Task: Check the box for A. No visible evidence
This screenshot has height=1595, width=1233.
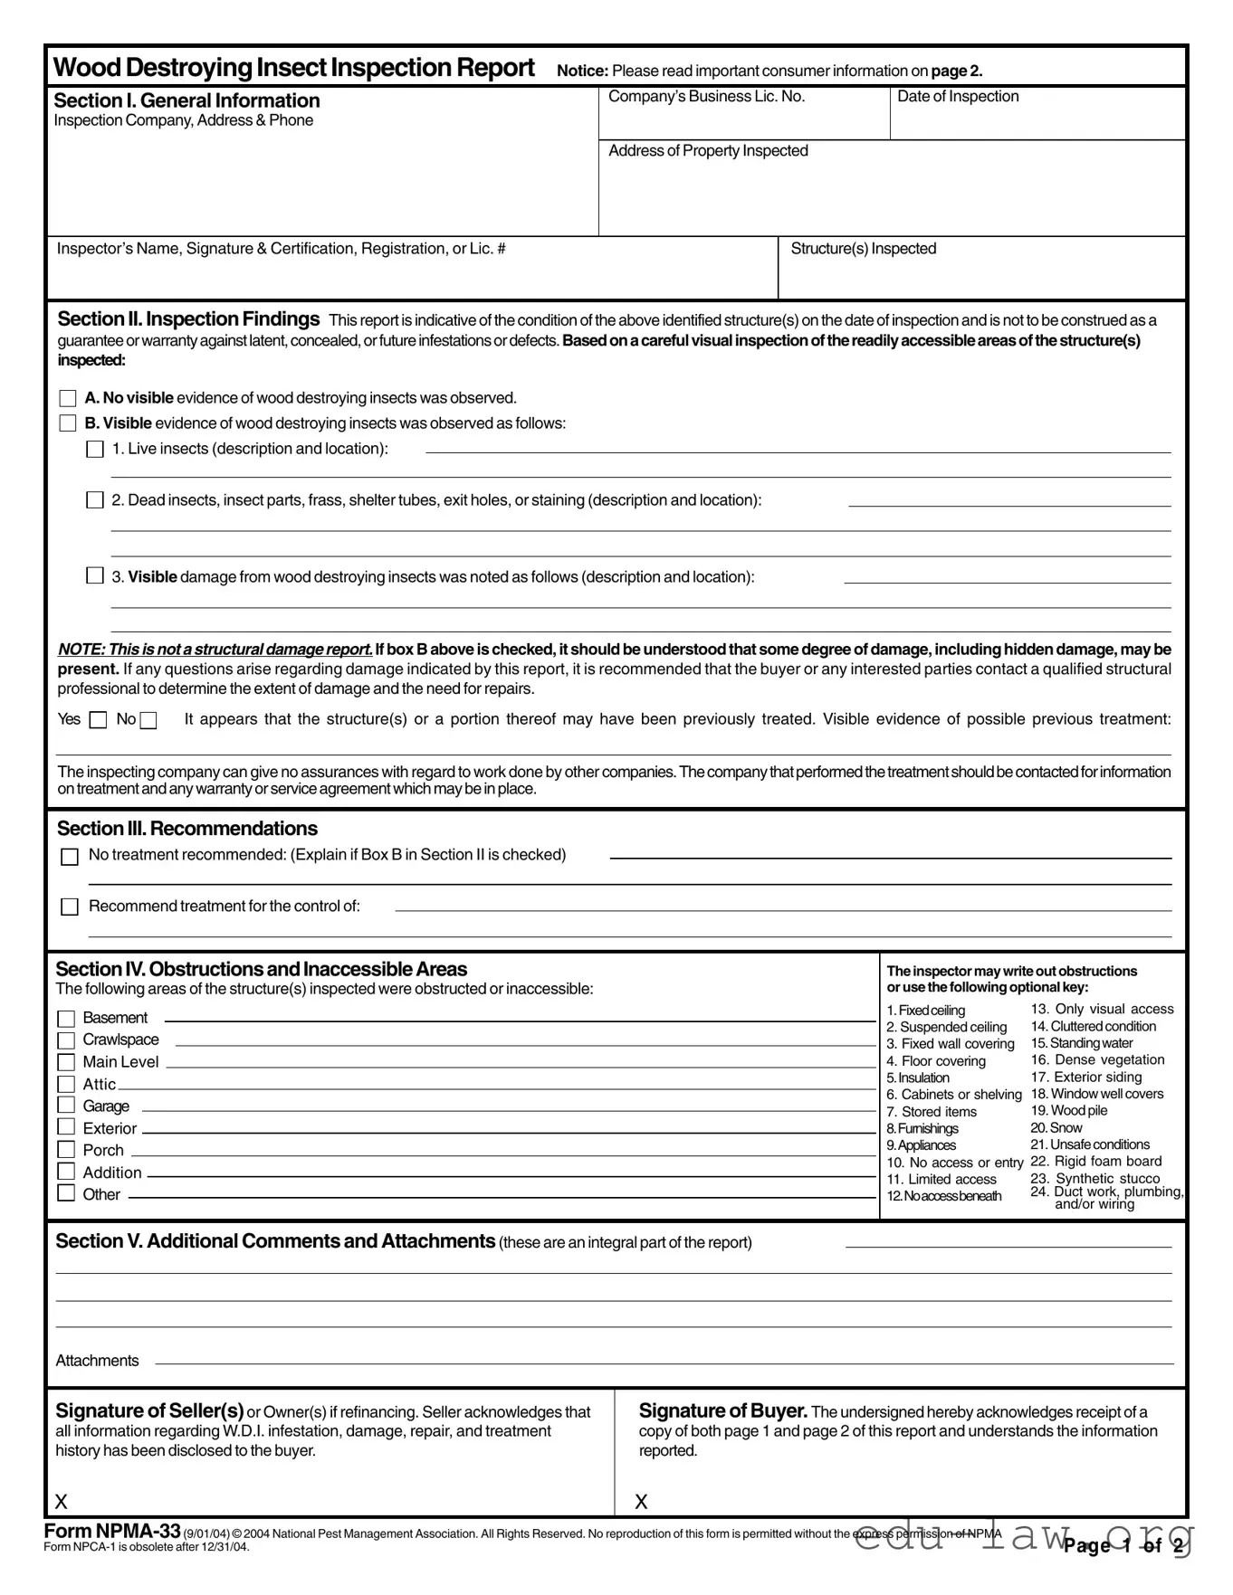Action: (x=68, y=398)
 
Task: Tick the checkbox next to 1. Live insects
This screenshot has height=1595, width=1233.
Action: (x=95, y=450)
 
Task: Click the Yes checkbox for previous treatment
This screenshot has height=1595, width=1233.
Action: (x=100, y=720)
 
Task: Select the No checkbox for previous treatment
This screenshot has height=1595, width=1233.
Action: (x=148, y=720)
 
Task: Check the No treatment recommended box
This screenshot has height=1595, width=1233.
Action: (x=70, y=856)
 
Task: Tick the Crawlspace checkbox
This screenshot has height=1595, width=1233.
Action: (x=66, y=1040)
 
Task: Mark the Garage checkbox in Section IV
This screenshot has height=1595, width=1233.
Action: (x=66, y=1106)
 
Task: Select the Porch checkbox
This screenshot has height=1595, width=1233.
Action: (x=66, y=1150)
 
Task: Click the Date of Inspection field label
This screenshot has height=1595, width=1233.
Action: (x=957, y=97)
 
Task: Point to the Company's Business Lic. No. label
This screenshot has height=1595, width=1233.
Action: (x=706, y=97)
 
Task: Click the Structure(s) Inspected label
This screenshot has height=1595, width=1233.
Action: (x=863, y=249)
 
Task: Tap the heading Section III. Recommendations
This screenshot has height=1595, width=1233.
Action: (x=186, y=829)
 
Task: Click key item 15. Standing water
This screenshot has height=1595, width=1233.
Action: (x=1082, y=1043)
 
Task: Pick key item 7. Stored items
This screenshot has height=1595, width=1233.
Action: (x=932, y=1112)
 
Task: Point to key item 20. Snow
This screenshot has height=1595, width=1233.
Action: (x=1056, y=1128)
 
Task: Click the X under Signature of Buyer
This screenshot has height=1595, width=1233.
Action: (x=641, y=1502)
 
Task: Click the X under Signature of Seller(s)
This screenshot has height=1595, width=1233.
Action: (x=61, y=1502)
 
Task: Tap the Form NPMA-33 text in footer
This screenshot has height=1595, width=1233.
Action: (x=112, y=1531)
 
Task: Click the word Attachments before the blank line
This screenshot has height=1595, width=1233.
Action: (x=97, y=1361)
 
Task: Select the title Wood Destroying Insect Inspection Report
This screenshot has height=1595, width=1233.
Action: (x=294, y=68)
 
